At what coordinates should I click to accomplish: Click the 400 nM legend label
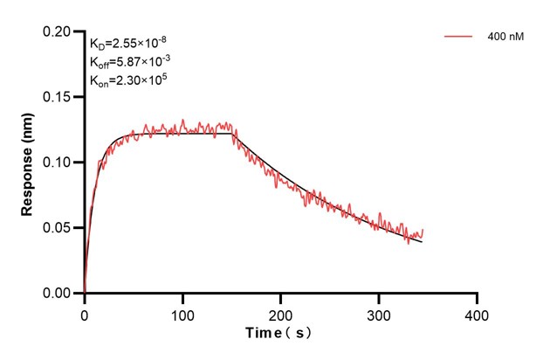point(505,38)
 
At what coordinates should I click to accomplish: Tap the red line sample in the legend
point(460,38)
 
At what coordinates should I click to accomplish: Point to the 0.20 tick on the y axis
point(58,31)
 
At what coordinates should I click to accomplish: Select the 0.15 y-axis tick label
point(58,97)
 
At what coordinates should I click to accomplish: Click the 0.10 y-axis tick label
point(58,163)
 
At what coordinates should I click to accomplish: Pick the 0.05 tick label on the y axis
point(58,228)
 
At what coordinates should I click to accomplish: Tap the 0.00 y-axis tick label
point(58,294)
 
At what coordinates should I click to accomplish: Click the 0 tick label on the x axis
point(84,313)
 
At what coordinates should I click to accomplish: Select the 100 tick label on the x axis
point(182,313)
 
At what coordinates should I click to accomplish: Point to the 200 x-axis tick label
point(280,313)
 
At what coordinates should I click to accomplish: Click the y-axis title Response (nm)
point(28,163)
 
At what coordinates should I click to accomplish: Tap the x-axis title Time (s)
point(277,334)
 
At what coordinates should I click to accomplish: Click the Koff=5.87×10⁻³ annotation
point(131,61)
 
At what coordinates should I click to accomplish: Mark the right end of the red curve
point(423,231)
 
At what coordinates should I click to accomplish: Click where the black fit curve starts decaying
point(232,134)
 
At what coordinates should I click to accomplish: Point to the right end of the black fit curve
point(423,241)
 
